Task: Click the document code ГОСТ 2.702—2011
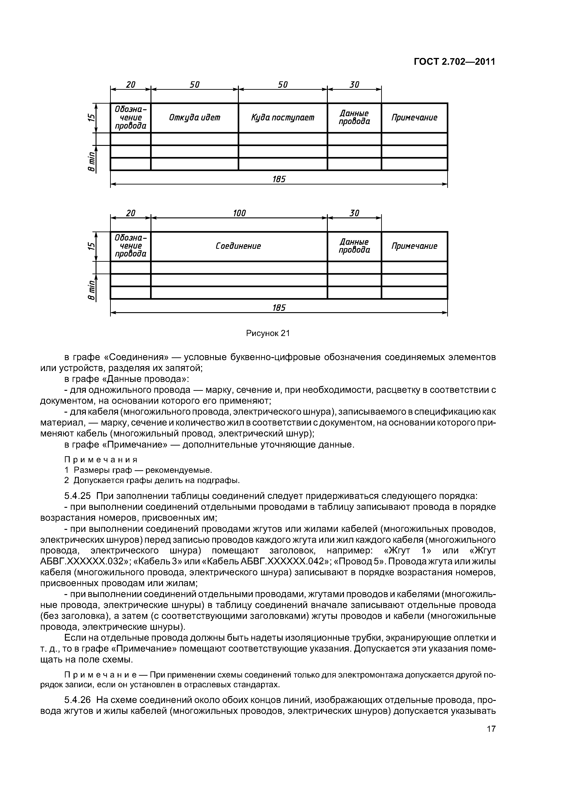click(454, 62)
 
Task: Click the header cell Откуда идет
click(195, 118)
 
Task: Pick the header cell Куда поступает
click(283, 118)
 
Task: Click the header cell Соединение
click(238, 246)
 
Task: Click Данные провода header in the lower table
click(354, 246)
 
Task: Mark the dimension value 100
click(239, 213)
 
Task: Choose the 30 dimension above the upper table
click(354, 85)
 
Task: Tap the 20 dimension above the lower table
click(131, 213)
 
